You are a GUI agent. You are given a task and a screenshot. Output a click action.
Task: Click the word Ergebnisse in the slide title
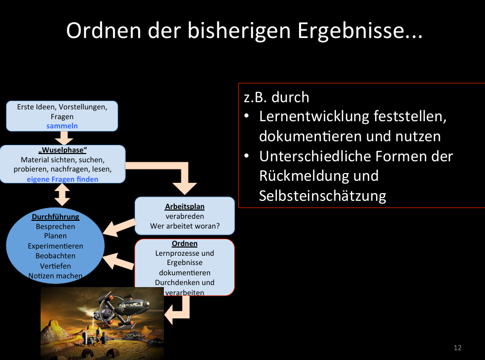(359, 32)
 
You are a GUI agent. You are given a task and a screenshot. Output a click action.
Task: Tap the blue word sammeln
(62, 126)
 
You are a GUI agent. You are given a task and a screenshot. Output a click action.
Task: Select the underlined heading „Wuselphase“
(62, 150)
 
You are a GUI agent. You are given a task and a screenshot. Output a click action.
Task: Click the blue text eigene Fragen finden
(62, 179)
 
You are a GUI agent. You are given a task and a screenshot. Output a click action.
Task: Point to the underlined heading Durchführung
(55, 217)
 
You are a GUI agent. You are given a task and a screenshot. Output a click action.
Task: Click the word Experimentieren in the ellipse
(55, 246)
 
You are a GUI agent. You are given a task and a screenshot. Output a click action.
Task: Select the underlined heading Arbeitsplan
(184, 206)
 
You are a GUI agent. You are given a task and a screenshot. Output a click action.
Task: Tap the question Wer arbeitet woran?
(184, 226)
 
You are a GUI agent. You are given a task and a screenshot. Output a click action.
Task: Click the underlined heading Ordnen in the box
(184, 243)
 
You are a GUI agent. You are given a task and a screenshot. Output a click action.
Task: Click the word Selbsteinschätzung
(323, 196)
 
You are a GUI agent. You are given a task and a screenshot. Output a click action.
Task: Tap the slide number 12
(458, 348)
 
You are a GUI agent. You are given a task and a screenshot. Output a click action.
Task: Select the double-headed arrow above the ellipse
(62, 195)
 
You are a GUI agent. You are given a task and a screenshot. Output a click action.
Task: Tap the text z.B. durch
(276, 97)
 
